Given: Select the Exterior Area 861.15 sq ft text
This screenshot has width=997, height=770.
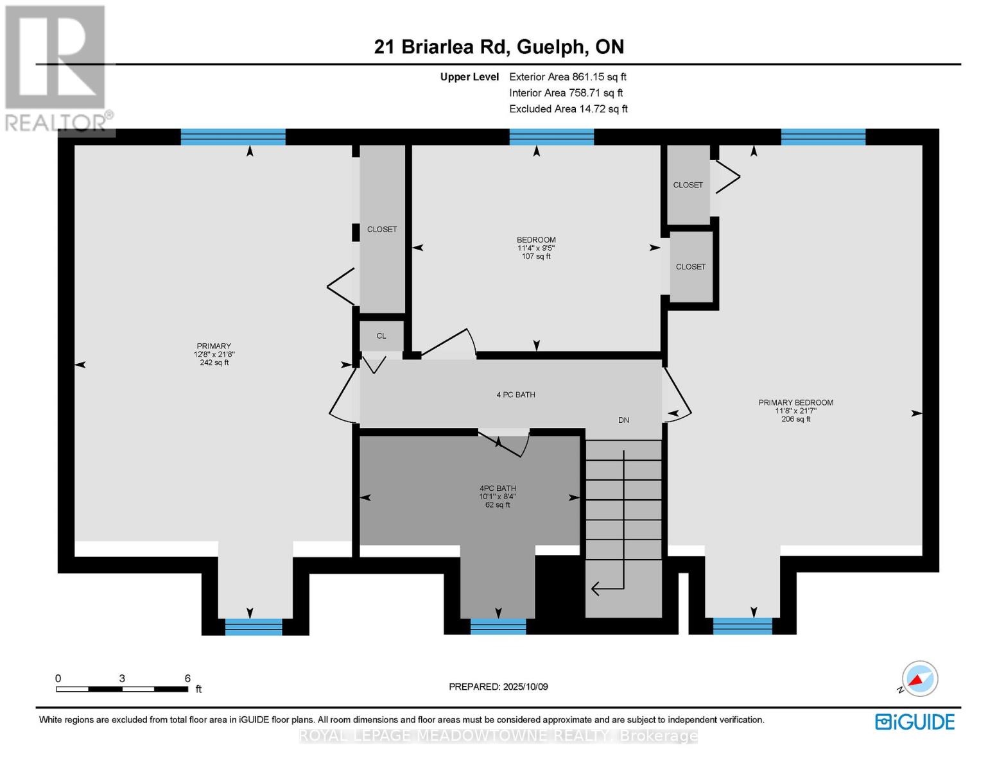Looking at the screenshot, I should point(568,76).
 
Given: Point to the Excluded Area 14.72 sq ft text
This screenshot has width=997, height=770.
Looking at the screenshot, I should point(568,108).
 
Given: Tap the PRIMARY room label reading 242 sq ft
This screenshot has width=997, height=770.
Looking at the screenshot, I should point(214,354).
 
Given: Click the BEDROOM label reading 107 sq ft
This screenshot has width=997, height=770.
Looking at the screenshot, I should point(536,248).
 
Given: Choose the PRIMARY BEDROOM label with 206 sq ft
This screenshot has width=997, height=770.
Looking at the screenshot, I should point(795,411).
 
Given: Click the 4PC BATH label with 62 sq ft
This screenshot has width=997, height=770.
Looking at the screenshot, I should point(498,496).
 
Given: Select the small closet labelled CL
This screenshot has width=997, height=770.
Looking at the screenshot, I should point(381,336).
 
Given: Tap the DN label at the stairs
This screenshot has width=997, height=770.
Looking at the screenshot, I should point(623,420).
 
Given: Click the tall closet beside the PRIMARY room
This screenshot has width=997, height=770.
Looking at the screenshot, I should point(382,229).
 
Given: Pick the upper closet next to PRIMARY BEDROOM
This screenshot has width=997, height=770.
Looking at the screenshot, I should point(688,185).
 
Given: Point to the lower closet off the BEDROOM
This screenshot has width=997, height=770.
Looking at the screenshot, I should point(691,266).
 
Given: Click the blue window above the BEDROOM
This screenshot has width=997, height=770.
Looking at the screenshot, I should point(551,137).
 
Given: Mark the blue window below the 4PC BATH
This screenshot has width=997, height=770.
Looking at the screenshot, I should point(498,626).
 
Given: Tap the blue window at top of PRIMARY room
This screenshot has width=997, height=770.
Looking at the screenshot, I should point(233,137).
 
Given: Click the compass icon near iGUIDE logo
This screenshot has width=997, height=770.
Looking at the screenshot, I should point(919,679).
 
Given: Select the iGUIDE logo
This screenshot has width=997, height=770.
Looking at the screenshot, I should point(915,722).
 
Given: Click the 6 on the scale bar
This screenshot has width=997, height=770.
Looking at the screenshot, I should point(187,678).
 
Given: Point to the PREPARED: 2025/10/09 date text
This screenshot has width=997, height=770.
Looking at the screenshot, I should point(498,687).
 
